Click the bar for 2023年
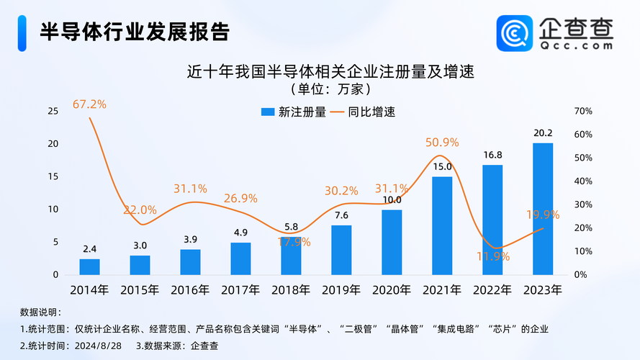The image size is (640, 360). coord(543,209)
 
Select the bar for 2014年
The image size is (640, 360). coord(90,266)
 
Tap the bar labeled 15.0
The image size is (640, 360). coord(442,225)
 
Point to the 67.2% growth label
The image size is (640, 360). coord(89,104)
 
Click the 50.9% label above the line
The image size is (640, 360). coord(442,142)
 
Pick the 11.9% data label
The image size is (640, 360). coord(492,256)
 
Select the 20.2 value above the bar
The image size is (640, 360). coord(543,133)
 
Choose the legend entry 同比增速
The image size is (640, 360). coord(363,112)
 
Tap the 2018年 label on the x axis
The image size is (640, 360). coord(291,290)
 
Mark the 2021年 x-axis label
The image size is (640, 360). coord(442,290)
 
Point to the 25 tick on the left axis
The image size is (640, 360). coord(53,111)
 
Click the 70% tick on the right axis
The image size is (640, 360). coord(583,111)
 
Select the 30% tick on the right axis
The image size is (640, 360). coord(583,204)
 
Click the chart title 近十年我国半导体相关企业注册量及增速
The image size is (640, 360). coord(320,73)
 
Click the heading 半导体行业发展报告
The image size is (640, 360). coord(135,32)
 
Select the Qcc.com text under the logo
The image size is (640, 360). coord(576,45)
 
